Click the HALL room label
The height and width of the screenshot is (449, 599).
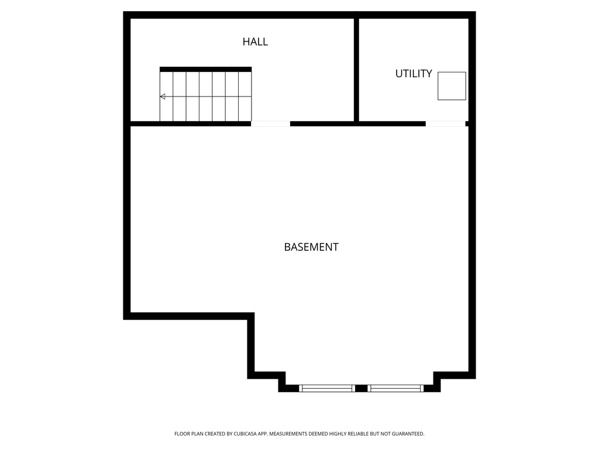255,42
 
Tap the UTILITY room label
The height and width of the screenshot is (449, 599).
414,74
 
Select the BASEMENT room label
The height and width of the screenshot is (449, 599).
311,247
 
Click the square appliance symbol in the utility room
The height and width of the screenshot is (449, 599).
452,86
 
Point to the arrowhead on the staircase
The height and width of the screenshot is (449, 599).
163,96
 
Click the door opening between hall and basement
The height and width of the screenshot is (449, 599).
270,123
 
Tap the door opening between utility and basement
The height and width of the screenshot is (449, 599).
445,123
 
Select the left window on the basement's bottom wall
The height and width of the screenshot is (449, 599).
327,388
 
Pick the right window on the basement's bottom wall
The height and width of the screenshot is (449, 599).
396,388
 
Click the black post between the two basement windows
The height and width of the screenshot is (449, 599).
362,388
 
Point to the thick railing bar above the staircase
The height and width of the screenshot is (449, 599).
205,69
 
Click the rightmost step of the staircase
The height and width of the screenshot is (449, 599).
245,96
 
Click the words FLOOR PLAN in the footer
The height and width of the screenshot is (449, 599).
187,434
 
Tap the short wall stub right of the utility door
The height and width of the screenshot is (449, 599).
467,123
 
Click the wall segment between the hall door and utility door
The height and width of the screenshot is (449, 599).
357,123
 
